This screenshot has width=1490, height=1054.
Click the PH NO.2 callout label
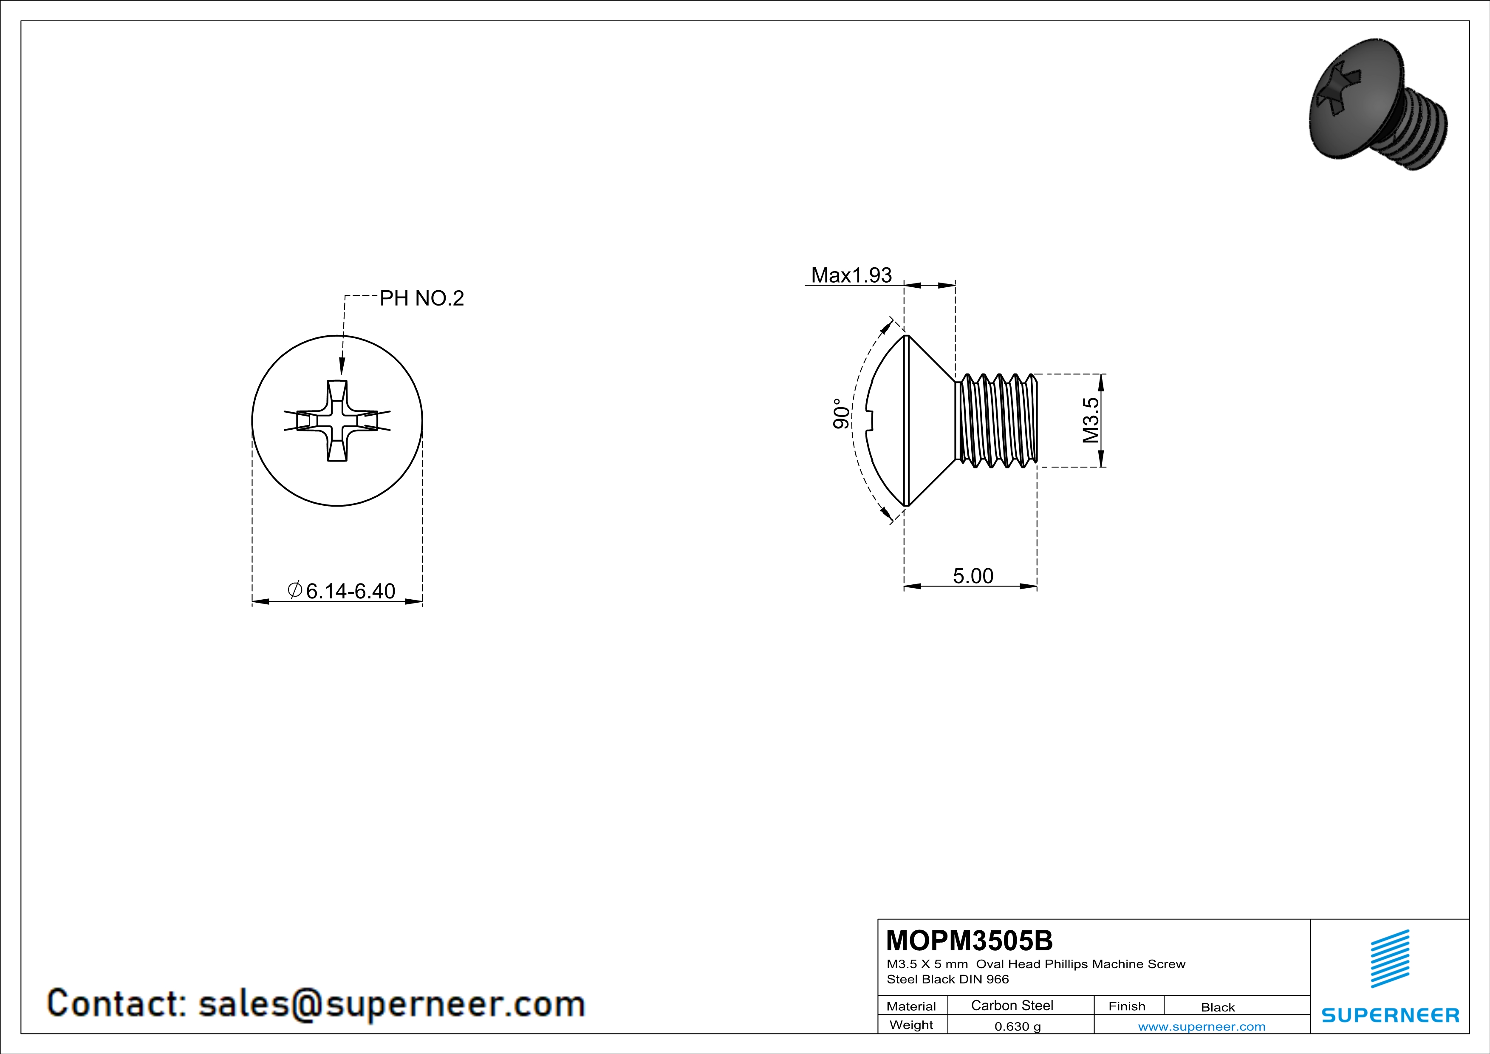[x=422, y=298]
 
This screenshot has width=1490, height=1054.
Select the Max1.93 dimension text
[x=851, y=275]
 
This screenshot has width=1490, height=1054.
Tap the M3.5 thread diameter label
[x=1091, y=420]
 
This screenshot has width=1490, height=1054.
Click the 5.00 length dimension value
[x=973, y=576]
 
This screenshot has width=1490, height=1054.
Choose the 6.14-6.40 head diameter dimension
[x=341, y=591]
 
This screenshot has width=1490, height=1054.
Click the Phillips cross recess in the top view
[x=337, y=421]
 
